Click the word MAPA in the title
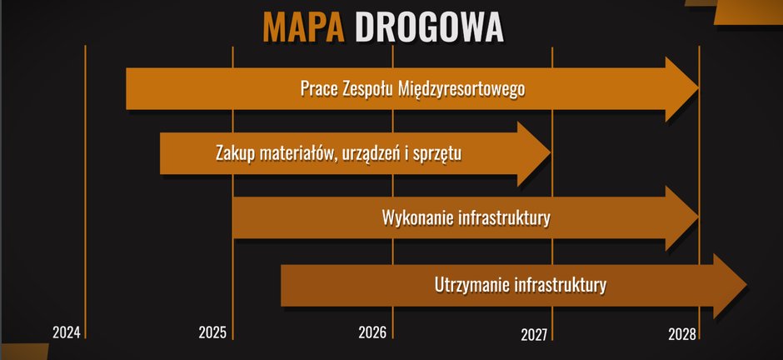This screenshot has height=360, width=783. [x=303, y=27]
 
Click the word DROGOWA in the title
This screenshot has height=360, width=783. [x=429, y=27]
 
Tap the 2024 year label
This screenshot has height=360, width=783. [x=67, y=332]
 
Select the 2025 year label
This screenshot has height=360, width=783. [x=212, y=332]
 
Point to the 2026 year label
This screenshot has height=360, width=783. [x=372, y=332]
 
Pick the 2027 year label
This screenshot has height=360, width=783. [x=535, y=334]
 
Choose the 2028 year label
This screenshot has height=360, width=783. [x=681, y=334]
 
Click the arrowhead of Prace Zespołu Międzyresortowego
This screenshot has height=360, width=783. [x=682, y=89]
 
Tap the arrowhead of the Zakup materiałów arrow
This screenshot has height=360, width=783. [x=534, y=154]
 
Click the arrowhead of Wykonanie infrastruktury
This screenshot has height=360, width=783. [x=682, y=218]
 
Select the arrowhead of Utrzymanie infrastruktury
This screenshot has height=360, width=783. [x=730, y=286]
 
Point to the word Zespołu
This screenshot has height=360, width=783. [x=367, y=89]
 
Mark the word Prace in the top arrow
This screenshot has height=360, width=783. [x=319, y=89]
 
